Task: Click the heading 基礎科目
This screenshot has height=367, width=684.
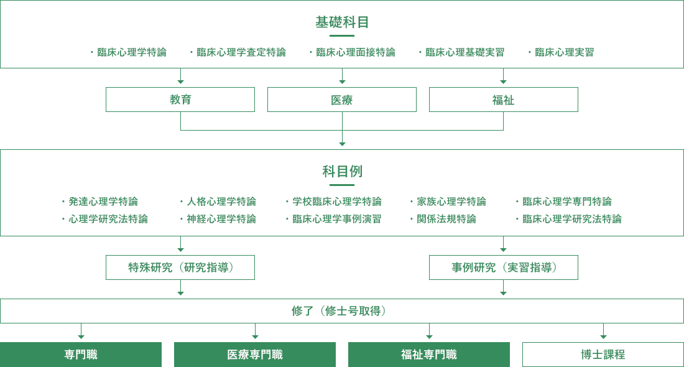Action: click(342, 23)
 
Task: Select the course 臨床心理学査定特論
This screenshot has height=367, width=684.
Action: click(241, 52)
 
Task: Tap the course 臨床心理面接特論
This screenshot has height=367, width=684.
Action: click(355, 52)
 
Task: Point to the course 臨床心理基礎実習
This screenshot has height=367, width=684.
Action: click(464, 52)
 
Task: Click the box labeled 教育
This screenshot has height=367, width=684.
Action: click(180, 100)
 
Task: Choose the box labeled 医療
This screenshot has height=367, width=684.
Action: click(342, 100)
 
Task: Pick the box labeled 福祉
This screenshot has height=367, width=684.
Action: click(504, 100)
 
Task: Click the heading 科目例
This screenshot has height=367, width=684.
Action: click(342, 172)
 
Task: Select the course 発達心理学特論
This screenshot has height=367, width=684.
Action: click(103, 202)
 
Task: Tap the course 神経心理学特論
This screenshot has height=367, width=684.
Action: click(221, 219)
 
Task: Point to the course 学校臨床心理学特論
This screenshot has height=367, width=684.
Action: click(337, 202)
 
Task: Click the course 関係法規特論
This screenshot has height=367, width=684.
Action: click(446, 219)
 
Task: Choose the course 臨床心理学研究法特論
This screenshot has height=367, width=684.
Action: click(571, 219)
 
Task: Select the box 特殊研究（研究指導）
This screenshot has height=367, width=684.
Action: click(180, 267)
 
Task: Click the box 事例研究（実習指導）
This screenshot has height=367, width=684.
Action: click(504, 267)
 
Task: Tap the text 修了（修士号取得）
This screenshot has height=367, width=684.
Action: click(342, 311)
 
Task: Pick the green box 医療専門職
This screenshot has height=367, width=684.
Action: click(255, 355)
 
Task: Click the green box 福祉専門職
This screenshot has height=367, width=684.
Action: click(429, 355)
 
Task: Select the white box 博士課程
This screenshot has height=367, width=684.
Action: click(603, 355)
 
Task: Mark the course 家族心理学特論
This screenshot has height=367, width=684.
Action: click(451, 202)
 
